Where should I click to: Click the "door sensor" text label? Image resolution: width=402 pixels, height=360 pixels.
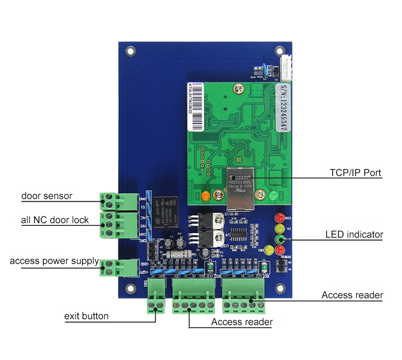pos(47,196)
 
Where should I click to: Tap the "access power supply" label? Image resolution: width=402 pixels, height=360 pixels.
pos(54,261)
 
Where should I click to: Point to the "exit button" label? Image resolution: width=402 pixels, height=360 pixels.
pos(86,316)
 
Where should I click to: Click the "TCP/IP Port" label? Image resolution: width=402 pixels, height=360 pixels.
pos(355,173)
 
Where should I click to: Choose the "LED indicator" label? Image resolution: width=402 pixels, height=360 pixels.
pos(354,234)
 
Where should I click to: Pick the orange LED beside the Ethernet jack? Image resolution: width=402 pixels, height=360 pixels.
pos(205,196)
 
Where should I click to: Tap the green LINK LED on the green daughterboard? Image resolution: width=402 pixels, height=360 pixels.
pos(274,196)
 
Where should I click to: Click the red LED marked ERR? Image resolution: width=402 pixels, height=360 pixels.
pos(279,218)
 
